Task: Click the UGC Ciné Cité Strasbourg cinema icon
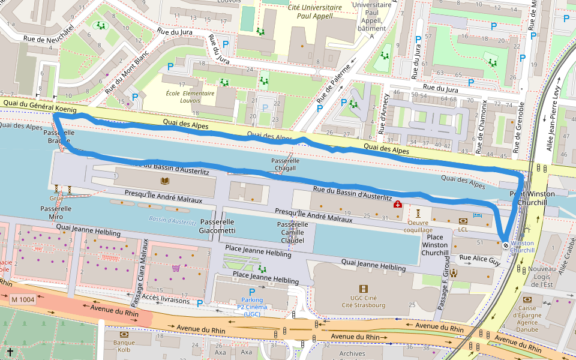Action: [x=362, y=289]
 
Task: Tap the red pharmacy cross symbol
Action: [x=397, y=205]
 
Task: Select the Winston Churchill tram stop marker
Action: [x=506, y=244]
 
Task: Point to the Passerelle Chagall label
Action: [x=285, y=165]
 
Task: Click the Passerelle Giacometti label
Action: [x=217, y=226]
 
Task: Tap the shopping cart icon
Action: [x=176, y=268]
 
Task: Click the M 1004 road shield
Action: [x=23, y=299]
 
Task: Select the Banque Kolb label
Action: [x=124, y=346]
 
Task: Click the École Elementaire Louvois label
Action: [x=190, y=97]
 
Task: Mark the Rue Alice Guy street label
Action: [x=479, y=260]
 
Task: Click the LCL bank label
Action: [x=463, y=229]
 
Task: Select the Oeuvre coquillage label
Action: [x=418, y=226]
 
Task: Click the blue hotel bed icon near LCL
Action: [x=478, y=215]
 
